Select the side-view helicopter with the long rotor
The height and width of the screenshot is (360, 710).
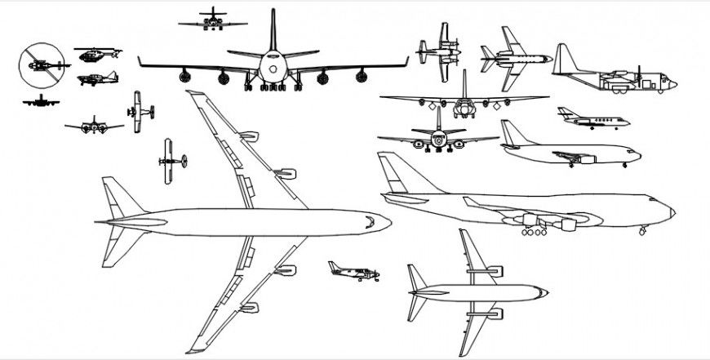click(96, 54)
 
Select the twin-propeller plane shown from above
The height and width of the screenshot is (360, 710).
click(437, 52)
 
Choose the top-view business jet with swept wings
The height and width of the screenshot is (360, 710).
click(513, 58)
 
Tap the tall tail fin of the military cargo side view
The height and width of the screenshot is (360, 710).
click(563, 59)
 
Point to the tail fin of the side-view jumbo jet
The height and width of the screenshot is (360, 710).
click(391, 172)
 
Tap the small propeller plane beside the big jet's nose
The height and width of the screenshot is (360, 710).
click(353, 271)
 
